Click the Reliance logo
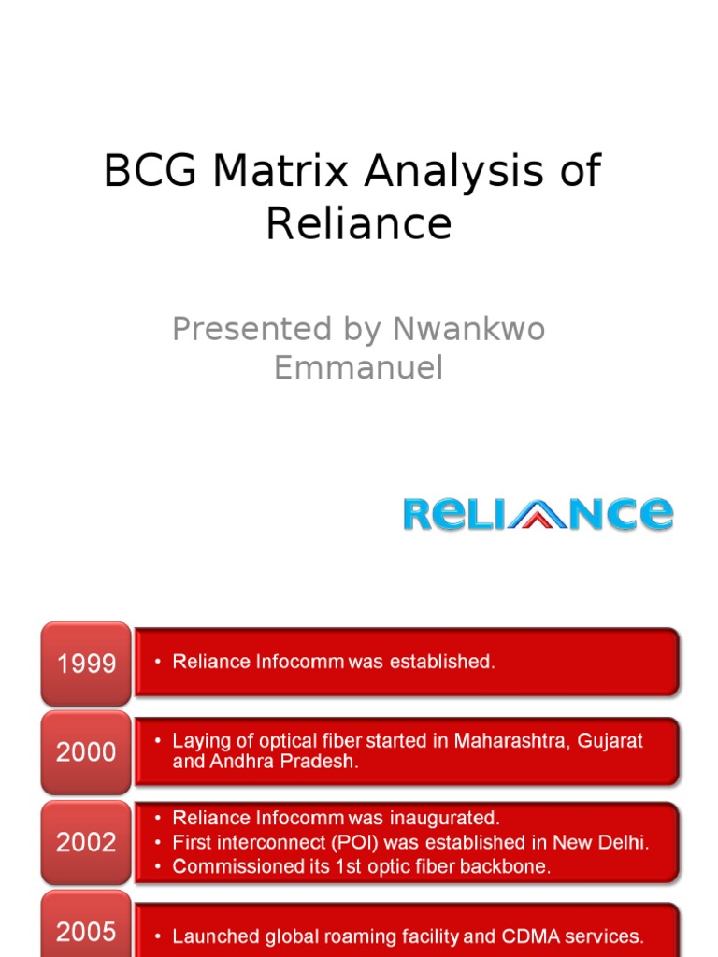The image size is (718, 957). [x=538, y=514]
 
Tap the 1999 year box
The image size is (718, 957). [x=86, y=664]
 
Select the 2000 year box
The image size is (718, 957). [x=86, y=752]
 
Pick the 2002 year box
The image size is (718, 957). [x=86, y=842]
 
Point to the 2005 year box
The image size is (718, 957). [x=86, y=931]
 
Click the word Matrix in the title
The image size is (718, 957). [x=281, y=172]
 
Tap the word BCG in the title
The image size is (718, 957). [x=151, y=172]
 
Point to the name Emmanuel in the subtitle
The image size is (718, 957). [x=358, y=368]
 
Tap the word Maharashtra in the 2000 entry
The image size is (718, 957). [x=512, y=740]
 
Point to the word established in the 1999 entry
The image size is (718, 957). [x=441, y=662]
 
